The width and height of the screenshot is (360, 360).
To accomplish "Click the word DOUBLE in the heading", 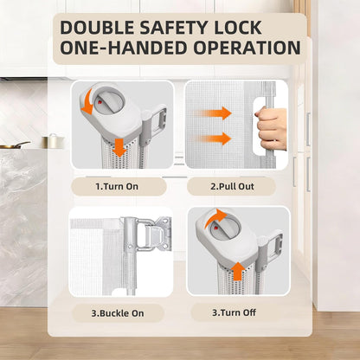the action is (98, 28).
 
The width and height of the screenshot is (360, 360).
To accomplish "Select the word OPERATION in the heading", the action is (247, 48).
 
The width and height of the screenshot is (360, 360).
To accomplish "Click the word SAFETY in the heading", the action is (174, 28).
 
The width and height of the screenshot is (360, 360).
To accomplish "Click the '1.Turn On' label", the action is (117, 186).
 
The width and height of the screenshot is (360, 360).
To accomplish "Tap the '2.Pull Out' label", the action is (232, 186).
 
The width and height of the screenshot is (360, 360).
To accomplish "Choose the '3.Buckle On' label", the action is (118, 313).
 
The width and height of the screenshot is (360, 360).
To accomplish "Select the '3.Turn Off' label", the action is (234, 312).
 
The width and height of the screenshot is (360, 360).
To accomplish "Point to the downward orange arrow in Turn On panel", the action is (119, 147).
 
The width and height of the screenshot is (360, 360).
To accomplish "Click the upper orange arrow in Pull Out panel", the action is (214, 113).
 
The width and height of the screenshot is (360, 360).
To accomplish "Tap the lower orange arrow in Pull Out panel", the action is (214, 138).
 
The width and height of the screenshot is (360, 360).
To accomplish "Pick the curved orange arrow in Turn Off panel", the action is (215, 217).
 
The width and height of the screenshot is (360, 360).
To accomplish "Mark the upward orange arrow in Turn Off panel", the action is (238, 271).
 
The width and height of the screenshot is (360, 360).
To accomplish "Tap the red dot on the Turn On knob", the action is (99, 102).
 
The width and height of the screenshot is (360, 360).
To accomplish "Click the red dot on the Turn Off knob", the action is (215, 228).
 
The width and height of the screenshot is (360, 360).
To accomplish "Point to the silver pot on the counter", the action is (53, 141).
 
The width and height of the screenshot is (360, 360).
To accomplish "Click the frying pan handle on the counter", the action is (22, 144).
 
